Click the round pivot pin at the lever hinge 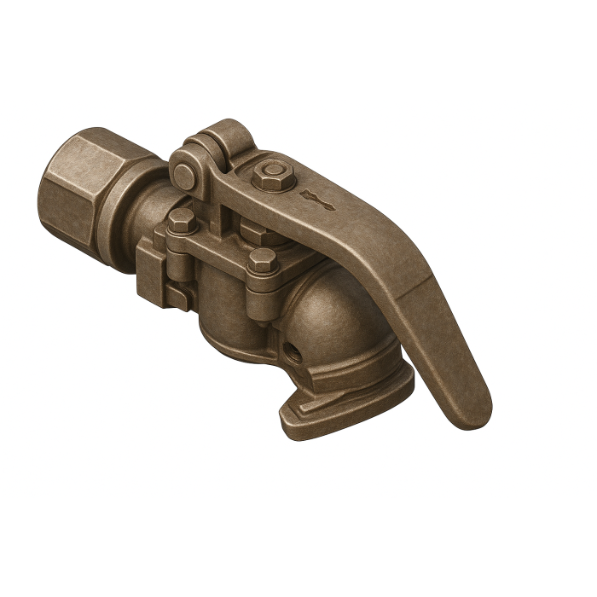(x=183, y=176)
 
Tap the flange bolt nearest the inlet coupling (x=181, y=222)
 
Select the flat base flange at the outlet (x=341, y=405)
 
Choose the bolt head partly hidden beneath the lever (x=252, y=229)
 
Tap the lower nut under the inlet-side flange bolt (x=179, y=294)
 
